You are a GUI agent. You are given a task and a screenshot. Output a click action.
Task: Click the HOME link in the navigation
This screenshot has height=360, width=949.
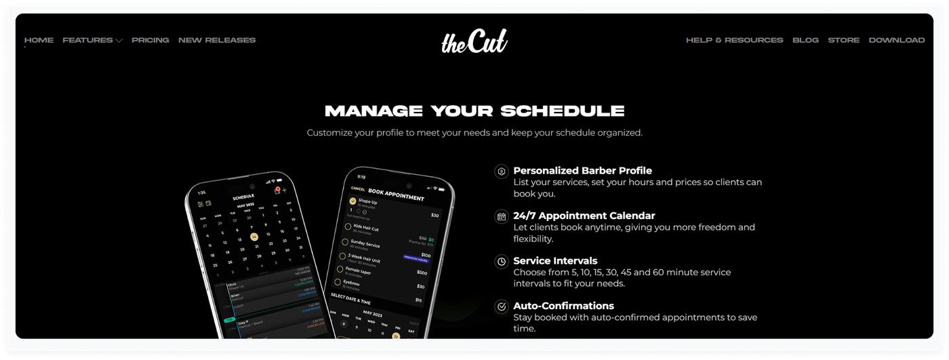pos(39,40)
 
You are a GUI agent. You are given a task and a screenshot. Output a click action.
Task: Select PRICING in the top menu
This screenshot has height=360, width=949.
pos(150,40)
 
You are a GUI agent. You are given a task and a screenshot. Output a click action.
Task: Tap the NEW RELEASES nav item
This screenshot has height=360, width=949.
pos(217,40)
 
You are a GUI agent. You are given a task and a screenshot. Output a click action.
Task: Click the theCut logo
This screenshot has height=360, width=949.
pos(474,41)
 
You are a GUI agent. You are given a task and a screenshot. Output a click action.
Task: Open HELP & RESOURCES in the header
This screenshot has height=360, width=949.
pos(734,40)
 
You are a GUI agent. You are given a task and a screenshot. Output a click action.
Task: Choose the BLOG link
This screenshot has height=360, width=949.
pos(805,40)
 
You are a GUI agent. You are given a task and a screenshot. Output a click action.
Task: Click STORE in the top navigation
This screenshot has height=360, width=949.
pos(843,40)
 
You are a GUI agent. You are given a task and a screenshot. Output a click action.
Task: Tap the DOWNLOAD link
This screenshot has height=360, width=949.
pos(896,40)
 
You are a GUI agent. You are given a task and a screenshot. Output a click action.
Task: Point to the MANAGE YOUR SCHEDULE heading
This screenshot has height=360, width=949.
pos(474,111)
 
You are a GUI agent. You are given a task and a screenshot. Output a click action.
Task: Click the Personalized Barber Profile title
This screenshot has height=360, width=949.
pos(582,171)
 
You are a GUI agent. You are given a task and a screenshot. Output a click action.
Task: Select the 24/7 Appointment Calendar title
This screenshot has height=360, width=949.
pos(584,216)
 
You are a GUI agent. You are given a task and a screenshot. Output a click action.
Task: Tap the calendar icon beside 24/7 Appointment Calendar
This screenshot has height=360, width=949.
pos(502,216)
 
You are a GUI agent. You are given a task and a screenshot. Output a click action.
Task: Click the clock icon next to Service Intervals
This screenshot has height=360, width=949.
pos(502,261)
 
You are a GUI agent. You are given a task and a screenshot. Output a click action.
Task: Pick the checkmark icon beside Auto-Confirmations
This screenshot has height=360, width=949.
pos(502,306)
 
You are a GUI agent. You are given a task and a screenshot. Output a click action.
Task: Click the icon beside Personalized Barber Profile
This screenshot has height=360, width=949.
pos(502,172)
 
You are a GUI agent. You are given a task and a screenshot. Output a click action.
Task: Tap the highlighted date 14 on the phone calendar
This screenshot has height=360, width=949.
pos(254,237)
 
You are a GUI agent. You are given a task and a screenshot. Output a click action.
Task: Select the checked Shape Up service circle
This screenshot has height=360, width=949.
pos(352,201)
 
